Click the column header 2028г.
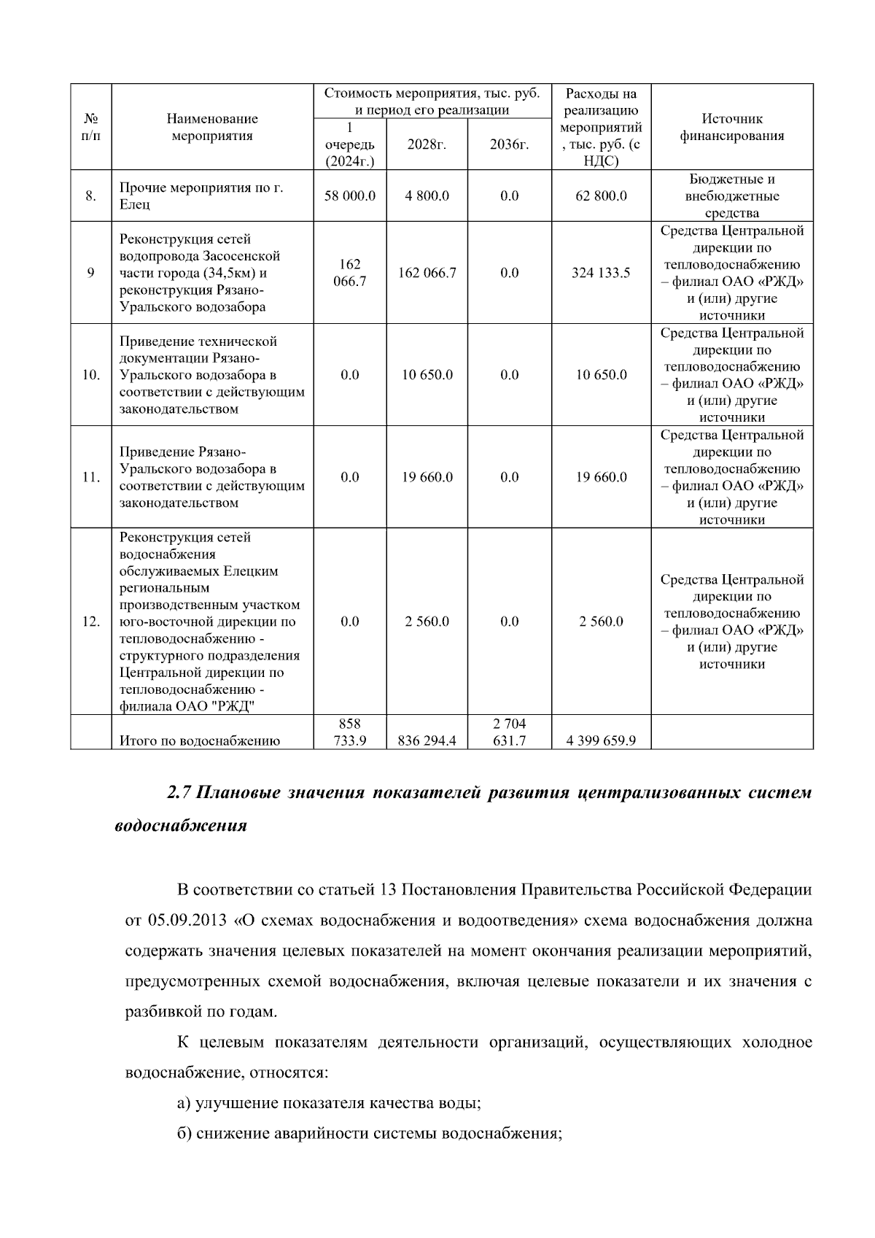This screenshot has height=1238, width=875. point(427,144)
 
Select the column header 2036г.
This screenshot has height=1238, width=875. point(509,144)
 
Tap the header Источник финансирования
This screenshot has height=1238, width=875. point(731,127)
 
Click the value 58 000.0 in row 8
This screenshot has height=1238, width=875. point(350,196)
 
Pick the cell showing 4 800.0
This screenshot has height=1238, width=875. point(427,196)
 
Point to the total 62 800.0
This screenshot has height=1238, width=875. point(601,196)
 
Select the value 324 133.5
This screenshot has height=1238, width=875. point(601,273)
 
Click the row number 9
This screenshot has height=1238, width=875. point(90,273)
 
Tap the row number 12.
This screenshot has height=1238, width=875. point(90,622)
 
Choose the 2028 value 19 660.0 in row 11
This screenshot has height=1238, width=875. point(427,477)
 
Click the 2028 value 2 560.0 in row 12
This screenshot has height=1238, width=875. point(427,622)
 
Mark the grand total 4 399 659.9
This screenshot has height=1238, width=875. point(601,741)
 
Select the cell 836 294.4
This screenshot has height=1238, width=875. point(427,741)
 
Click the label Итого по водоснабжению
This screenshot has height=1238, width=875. point(200,741)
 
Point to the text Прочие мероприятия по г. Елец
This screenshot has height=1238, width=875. point(201,196)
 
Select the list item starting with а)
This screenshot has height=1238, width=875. point(328,1103)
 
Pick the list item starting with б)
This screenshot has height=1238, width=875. point(369,1134)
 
